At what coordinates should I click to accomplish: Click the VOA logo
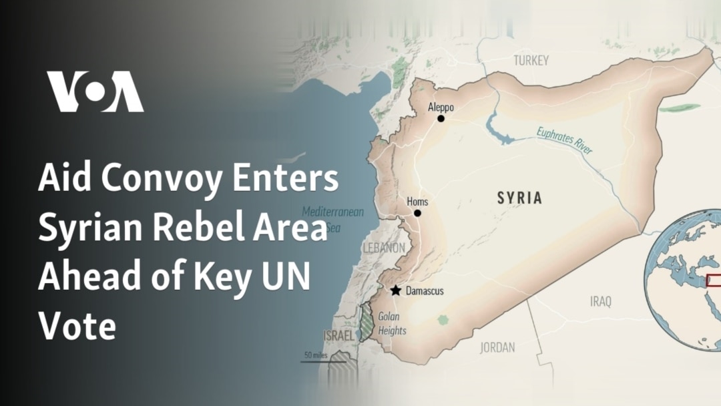click(95, 91)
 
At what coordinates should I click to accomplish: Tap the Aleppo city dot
click(441, 119)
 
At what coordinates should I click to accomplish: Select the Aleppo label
click(441, 107)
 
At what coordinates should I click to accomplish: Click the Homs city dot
click(417, 213)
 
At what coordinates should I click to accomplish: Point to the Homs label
click(417, 202)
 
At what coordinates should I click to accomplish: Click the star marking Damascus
click(396, 290)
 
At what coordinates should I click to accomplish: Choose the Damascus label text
click(425, 291)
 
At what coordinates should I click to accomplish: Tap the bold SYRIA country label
click(519, 198)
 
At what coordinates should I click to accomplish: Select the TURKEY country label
click(531, 61)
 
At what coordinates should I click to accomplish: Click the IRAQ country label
click(600, 302)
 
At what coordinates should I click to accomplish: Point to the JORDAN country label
click(497, 347)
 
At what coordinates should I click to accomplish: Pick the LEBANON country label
click(383, 248)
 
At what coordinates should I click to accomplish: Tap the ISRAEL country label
click(338, 335)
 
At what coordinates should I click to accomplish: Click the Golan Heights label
click(392, 324)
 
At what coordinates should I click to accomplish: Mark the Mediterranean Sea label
click(332, 218)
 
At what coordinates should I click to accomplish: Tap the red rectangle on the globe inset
click(713, 280)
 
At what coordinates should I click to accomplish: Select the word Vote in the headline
click(77, 327)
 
